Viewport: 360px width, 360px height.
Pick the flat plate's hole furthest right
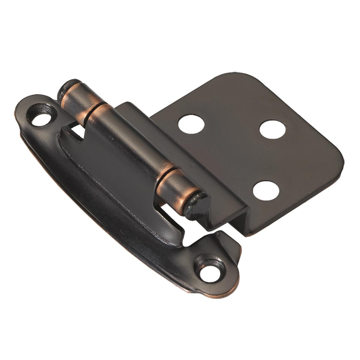tap(272, 130)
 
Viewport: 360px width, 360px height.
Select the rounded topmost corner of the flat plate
tap(237, 75)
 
